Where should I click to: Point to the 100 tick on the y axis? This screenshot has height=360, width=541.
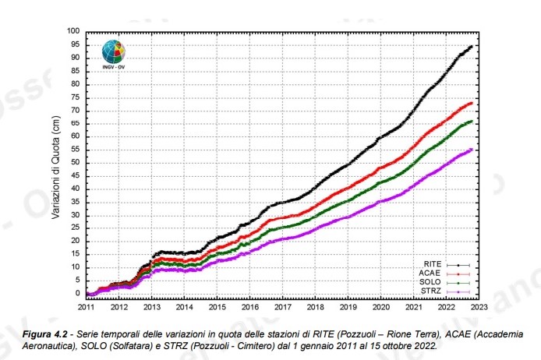[74, 31]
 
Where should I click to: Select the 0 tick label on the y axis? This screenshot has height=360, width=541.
[78, 294]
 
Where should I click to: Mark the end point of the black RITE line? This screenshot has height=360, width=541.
[472, 46]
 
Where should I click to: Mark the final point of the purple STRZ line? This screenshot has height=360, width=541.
[472, 150]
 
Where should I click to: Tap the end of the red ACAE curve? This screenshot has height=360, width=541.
[472, 103]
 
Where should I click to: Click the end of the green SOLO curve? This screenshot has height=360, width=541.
[472, 122]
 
